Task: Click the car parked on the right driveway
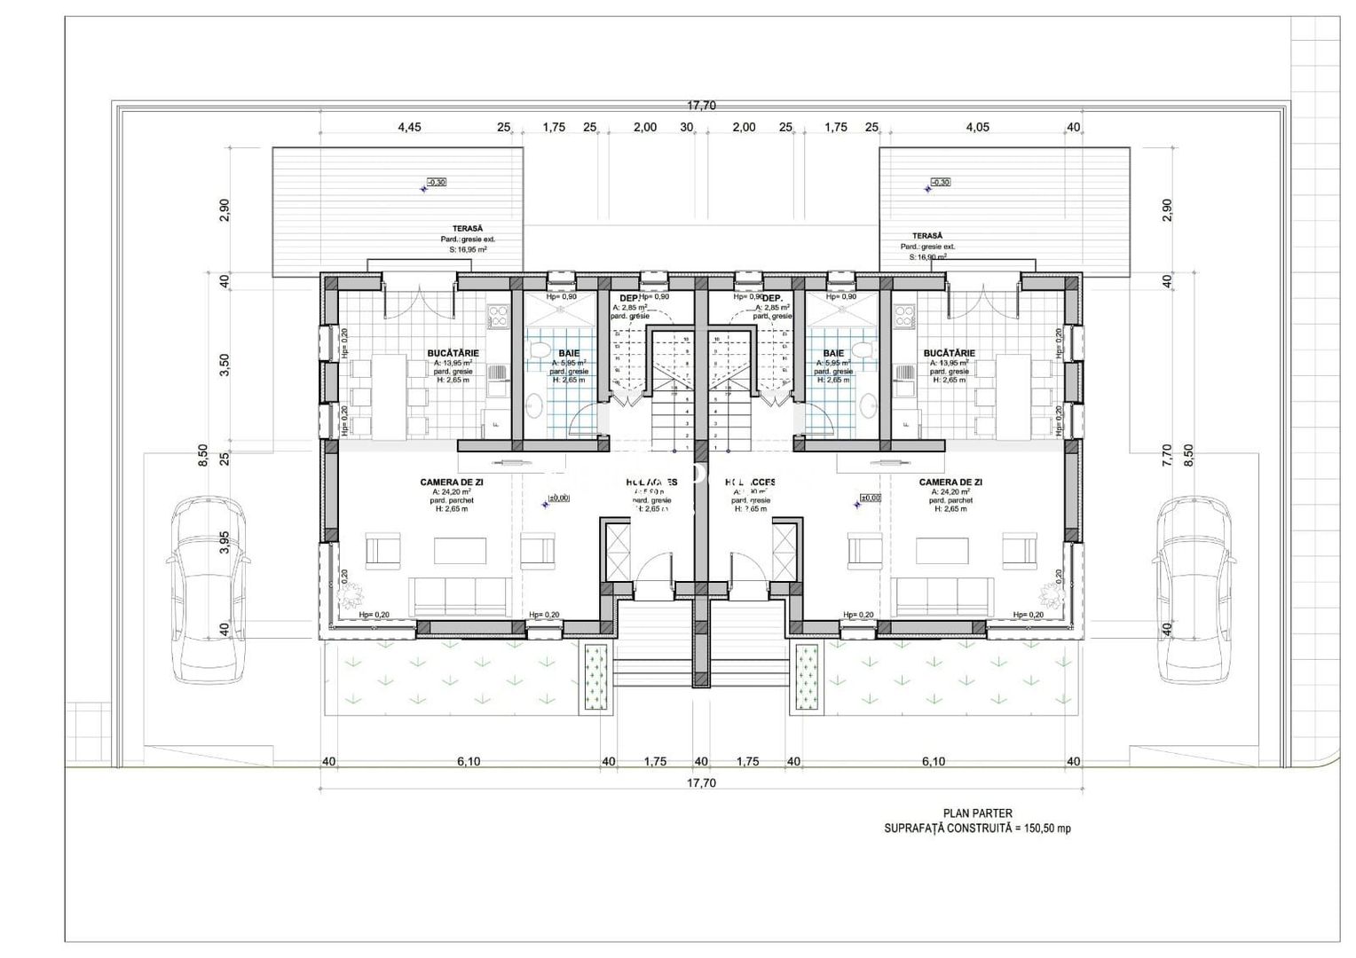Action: [x=1192, y=591]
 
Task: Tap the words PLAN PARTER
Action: [x=976, y=813]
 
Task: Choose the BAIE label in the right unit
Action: [x=833, y=353]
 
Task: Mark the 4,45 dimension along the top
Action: [x=409, y=127]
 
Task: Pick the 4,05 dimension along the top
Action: [x=976, y=127]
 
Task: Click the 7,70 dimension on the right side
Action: [x=1166, y=454]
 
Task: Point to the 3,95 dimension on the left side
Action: [x=225, y=542]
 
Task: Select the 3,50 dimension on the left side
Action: [x=225, y=364]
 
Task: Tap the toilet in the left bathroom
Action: [x=539, y=354]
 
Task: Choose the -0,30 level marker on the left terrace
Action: [x=436, y=182]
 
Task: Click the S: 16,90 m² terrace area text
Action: [x=927, y=256]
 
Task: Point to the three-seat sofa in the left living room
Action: [x=460, y=594]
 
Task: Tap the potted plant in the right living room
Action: [x=1050, y=591]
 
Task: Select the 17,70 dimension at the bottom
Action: [x=700, y=782]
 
